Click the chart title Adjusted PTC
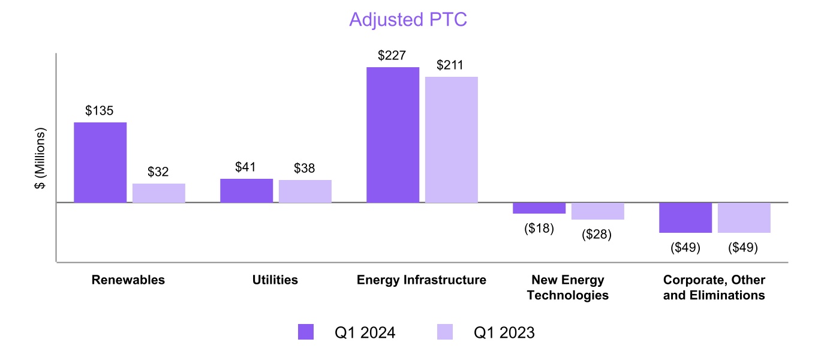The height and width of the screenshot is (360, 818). point(408,19)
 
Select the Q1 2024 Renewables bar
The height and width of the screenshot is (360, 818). point(100,162)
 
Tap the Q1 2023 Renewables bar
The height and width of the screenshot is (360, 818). point(159,193)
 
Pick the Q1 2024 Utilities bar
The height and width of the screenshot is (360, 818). point(246,191)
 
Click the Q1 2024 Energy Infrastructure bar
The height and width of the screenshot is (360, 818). point(393,135)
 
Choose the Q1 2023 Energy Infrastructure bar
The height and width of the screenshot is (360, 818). point(452,140)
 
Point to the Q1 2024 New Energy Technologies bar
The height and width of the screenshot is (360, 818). point(539,208)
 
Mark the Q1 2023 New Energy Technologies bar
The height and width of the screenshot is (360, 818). point(598,211)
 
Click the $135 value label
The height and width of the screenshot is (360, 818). point(100,111)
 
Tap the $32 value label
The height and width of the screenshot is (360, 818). point(159,172)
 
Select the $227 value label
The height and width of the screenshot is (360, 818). point(392,56)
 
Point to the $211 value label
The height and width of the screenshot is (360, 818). point(451,65)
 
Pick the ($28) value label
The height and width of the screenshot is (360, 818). point(597,235)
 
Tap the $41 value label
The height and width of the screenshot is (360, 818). point(246,167)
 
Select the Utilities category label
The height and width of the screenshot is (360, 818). point(275,280)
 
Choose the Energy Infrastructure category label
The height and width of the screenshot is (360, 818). point(422,280)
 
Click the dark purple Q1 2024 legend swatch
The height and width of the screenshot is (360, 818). point(306,332)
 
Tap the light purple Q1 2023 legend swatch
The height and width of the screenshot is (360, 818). point(444,332)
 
